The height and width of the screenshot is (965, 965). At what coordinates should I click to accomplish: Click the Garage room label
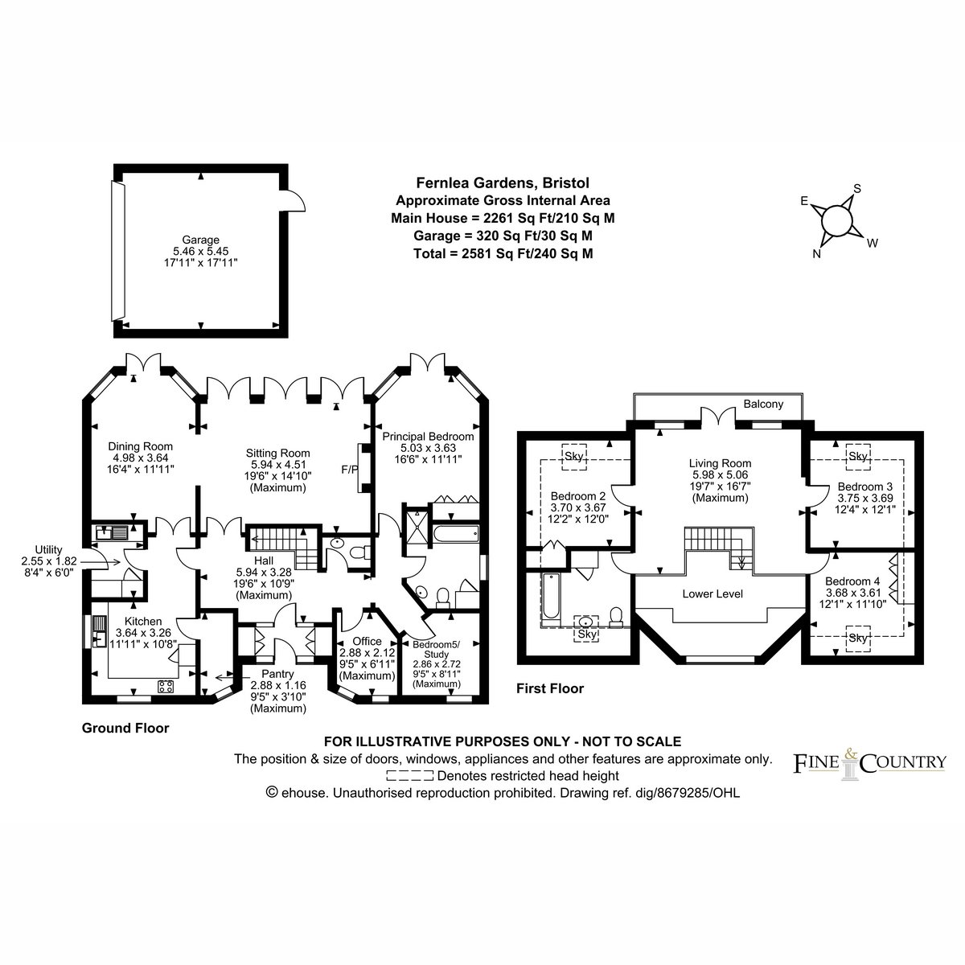pos(200,240)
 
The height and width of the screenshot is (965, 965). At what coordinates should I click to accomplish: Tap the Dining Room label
pos(140,446)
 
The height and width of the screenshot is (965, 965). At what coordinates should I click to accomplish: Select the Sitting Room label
pos(278,454)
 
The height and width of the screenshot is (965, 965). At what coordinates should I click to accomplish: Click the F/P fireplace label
pos(350,469)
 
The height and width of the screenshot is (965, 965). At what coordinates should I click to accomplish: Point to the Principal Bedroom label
pos(428,437)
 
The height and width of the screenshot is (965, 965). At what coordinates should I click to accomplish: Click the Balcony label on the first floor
pos(763,404)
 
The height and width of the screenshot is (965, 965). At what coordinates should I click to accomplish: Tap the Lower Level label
pos(712,594)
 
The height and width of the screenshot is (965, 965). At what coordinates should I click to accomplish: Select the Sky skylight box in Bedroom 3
pos(858,457)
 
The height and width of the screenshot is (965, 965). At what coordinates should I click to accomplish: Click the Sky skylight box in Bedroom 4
pos(858,639)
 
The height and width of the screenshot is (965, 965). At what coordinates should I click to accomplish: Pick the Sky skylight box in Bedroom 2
pos(574,457)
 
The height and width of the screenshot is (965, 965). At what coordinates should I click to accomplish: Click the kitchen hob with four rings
pos(166,687)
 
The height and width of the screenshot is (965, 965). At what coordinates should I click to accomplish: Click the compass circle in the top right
pos(837,220)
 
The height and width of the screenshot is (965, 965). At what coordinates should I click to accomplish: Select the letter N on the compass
pos(816,254)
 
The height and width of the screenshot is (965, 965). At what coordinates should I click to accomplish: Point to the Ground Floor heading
pos(125,728)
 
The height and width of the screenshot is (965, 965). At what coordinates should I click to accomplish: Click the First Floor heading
pos(550,688)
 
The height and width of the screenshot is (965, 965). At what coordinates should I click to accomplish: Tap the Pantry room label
pos(278,674)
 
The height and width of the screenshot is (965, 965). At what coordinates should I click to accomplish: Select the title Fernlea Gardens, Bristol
pos(503,183)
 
